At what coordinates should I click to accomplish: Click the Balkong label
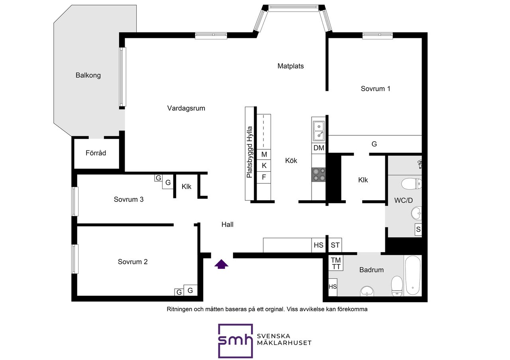click(x=88, y=75)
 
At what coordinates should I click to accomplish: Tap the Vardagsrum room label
click(x=186, y=108)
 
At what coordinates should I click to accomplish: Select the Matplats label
click(x=290, y=66)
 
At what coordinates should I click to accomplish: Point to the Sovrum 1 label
click(x=375, y=88)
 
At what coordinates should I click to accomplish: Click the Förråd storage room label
click(x=96, y=153)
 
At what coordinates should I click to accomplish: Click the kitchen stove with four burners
click(x=318, y=174)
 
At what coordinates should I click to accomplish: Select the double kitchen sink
click(x=318, y=131)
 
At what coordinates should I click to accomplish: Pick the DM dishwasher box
click(x=318, y=148)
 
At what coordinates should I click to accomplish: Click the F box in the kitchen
click(x=264, y=177)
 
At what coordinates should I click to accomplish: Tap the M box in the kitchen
click(x=264, y=155)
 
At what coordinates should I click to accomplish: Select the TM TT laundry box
click(x=336, y=263)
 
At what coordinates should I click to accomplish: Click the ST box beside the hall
click(x=335, y=245)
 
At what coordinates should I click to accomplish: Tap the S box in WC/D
click(x=418, y=229)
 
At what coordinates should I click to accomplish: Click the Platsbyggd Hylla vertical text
click(x=250, y=152)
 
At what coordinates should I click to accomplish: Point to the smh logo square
click(x=235, y=340)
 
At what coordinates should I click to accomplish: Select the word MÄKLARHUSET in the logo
click(x=284, y=343)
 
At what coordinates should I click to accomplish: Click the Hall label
click(x=228, y=225)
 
